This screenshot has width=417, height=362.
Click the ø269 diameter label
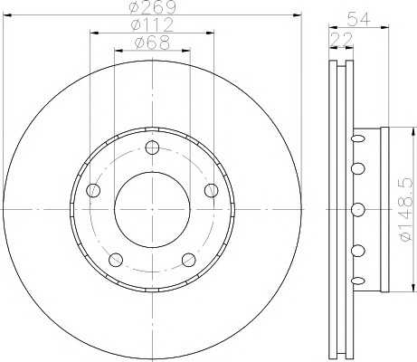point(153,7)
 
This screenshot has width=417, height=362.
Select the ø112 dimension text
point(153,24)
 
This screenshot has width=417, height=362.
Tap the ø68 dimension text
point(152,43)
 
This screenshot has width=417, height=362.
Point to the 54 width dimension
point(358,20)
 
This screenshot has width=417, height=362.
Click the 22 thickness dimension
point(342,39)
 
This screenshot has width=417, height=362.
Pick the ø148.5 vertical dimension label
point(404,209)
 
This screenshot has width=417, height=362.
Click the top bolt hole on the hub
point(152,148)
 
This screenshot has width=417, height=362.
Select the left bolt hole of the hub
point(93,190)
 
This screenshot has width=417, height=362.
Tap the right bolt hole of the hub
point(211,190)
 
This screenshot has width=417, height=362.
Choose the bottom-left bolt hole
point(116,260)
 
